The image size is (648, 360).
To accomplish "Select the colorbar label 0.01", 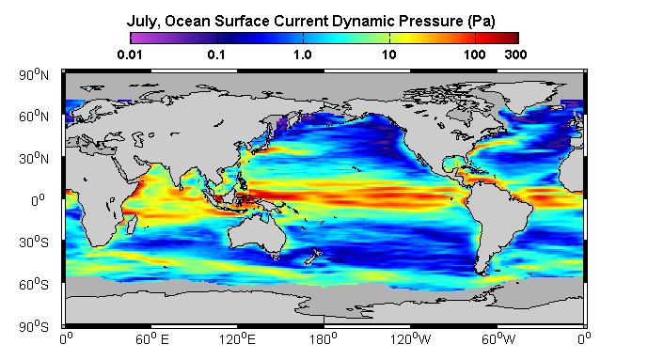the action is [130, 55].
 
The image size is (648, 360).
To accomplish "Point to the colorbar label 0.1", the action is [216, 55].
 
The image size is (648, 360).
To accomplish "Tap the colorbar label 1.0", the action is [303, 55].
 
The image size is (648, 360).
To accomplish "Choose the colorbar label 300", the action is [515, 55].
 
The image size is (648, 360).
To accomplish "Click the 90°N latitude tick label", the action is [34, 74].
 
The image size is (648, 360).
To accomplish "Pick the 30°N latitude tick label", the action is [34, 158].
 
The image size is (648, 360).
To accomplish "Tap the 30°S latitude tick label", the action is [34, 242].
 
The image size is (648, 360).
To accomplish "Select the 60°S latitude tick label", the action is [34, 284].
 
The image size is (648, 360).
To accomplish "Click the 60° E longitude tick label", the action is [152, 339].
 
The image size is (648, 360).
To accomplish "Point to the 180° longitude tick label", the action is [324, 339].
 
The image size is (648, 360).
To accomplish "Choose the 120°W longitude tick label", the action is [410, 339].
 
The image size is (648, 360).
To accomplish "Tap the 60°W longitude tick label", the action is [498, 339].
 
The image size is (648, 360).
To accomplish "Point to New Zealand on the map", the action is [312, 256].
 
